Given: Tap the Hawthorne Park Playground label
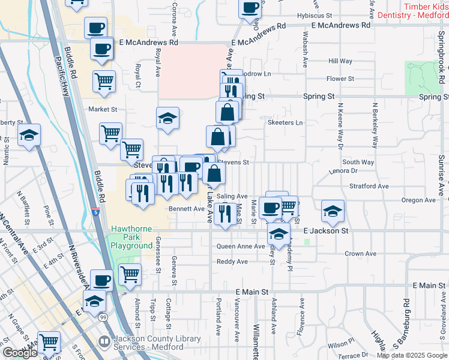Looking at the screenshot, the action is click(x=131, y=238).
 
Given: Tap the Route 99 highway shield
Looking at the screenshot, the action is click(x=103, y=316).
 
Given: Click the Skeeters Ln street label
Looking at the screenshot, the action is click(x=285, y=122).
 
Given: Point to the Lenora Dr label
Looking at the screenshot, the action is click(x=343, y=171).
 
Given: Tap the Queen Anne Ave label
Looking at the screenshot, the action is click(x=240, y=247).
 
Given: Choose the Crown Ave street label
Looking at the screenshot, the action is click(x=361, y=254).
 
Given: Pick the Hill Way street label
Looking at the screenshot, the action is click(x=340, y=61).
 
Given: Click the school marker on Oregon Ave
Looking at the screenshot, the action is click(x=333, y=210).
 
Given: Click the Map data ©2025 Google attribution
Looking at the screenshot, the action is click(x=411, y=355).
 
